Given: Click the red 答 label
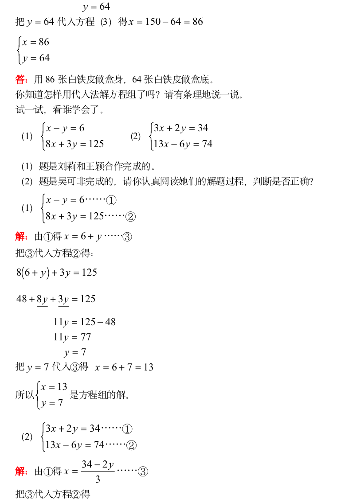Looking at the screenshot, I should point(20,80).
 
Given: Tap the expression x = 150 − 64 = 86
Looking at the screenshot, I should point(166,21).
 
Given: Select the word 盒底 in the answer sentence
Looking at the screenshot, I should point(202,80).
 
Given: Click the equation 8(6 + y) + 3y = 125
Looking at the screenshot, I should point(57,273).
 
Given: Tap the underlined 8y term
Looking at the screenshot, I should point(42,299).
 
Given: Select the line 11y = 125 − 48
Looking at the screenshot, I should point(84,322).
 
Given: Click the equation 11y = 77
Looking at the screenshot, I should point(72,337).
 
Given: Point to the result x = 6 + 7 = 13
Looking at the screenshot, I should point(124,367).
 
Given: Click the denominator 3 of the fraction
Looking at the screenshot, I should point(98,480).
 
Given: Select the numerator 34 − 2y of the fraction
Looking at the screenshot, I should point(98,464).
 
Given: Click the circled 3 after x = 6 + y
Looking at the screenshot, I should point(127,237).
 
